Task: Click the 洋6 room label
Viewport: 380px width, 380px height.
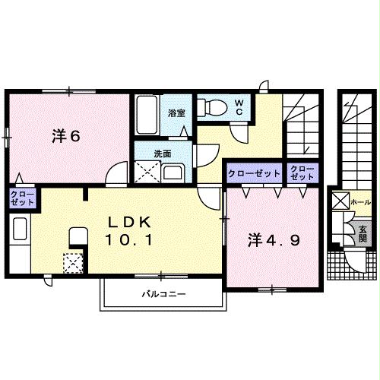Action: click(66, 137)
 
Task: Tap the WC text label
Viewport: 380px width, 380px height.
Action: click(239, 107)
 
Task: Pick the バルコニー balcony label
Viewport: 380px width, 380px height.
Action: click(163, 293)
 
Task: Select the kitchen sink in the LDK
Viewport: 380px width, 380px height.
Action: click(20, 229)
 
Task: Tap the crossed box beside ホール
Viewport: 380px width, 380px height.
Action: click(340, 202)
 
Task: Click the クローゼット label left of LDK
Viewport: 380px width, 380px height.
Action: click(21, 200)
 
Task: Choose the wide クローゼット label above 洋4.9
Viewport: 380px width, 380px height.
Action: click(254, 173)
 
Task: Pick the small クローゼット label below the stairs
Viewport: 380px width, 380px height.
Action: click(302, 173)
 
